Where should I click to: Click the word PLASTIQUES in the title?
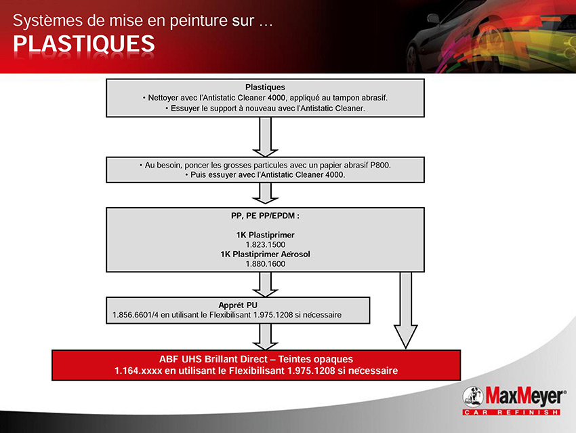click(84, 44)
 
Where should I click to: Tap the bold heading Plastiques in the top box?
click(265, 87)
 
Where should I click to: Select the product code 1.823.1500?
click(265, 244)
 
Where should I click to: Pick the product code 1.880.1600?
click(265, 264)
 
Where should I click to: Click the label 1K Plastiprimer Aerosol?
click(265, 255)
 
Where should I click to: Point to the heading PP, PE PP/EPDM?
click(265, 216)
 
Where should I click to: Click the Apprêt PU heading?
click(238, 305)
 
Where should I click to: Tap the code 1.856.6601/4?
click(136, 315)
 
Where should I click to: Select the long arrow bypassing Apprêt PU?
click(405, 310)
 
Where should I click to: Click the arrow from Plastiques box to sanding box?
click(265, 137)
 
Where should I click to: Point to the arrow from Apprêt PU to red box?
click(265, 337)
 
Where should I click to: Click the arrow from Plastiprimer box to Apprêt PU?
click(265, 284)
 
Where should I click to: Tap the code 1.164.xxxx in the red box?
click(138, 371)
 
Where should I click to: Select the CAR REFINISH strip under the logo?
click(511, 412)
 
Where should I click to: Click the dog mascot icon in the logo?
click(473, 396)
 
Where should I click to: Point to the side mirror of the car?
click(434, 18)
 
